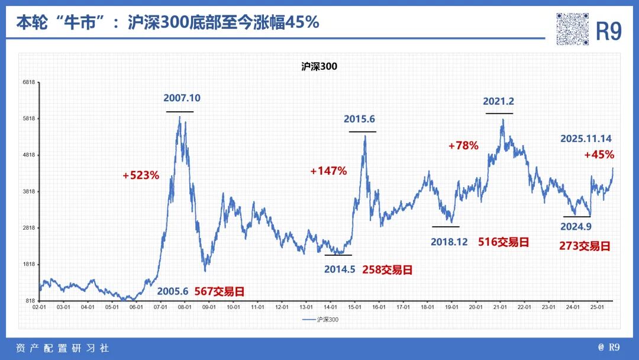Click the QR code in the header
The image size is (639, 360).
point(573,29)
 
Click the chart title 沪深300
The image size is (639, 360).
point(319,67)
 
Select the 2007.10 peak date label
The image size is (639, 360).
point(182,98)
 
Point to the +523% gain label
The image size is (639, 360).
point(141,175)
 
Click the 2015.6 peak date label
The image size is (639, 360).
point(359,120)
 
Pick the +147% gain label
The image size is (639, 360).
point(328,171)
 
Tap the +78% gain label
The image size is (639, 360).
point(463,145)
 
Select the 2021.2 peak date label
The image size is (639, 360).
point(498,101)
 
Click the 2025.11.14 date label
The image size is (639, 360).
point(586,139)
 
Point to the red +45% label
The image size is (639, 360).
point(599,155)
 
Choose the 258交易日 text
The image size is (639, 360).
point(387,269)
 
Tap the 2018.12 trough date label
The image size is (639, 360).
point(449,242)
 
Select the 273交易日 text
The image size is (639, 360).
point(585,246)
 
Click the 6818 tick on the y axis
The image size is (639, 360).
point(29,82)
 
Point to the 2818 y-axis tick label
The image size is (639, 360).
point(29,228)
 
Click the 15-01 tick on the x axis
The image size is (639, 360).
point(354,307)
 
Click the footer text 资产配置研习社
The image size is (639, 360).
point(62,348)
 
